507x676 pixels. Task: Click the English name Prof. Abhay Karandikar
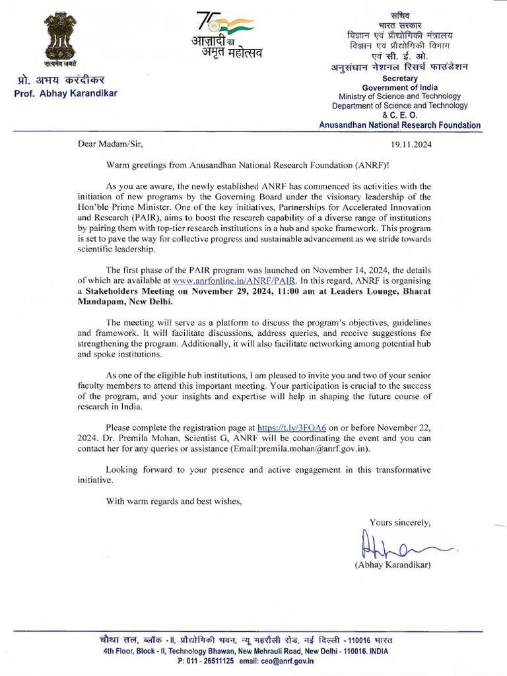pos(65,94)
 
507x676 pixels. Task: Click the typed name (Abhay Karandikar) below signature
pos(393,564)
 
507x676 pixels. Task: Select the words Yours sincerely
pos(400,522)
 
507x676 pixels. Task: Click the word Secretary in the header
pos(405,78)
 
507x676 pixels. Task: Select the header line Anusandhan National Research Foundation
pos(399,125)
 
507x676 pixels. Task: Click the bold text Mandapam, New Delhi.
pos(125,302)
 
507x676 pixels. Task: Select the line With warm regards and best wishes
pos(174,501)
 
